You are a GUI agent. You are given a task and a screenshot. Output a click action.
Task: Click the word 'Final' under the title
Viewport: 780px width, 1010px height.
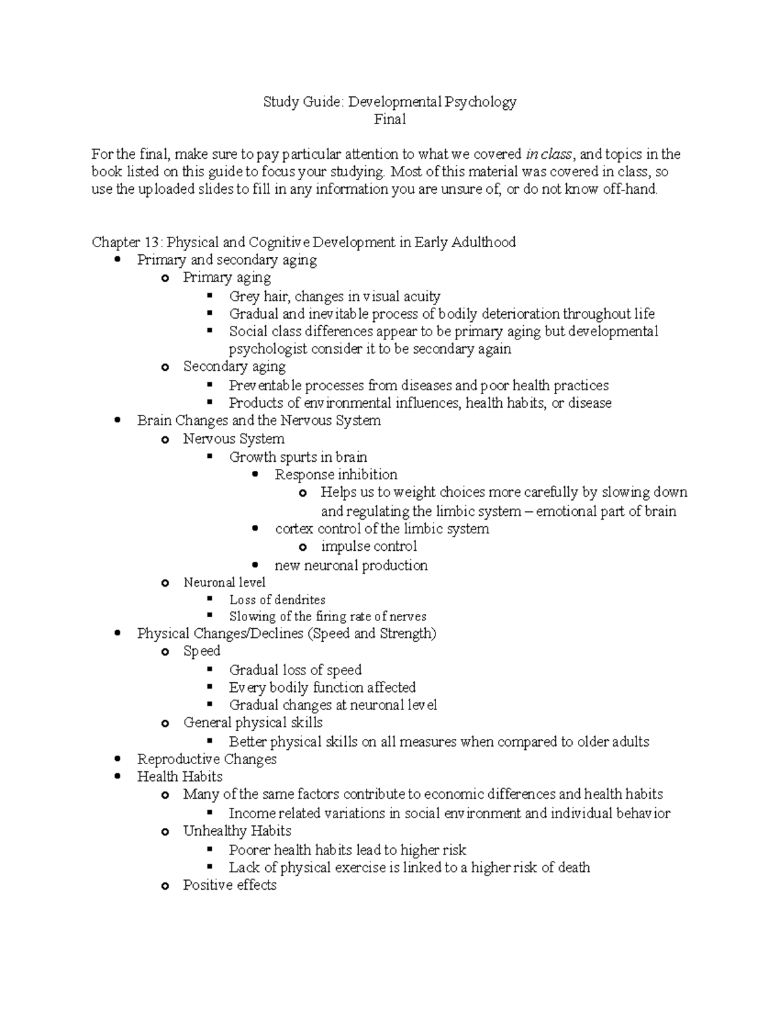point(390,119)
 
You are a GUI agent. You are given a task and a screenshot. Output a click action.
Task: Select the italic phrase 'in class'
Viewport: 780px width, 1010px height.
point(549,154)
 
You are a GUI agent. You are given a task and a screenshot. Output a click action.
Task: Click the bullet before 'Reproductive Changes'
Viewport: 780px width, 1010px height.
point(117,760)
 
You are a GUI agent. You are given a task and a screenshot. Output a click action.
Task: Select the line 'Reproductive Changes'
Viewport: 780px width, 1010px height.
point(207,760)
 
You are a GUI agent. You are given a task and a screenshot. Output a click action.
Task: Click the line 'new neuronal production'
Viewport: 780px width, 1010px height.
point(351,565)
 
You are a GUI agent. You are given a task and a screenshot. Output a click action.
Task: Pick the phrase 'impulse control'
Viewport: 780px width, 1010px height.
point(369,546)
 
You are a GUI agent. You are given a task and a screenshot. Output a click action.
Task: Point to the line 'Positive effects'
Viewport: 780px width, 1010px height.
point(229,885)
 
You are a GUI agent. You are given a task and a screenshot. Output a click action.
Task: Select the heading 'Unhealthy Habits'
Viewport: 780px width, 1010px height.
point(237,831)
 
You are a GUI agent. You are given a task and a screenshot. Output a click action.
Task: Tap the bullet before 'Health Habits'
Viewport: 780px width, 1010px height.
point(117,777)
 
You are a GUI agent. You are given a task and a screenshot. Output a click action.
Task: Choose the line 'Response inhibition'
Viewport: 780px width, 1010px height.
point(336,475)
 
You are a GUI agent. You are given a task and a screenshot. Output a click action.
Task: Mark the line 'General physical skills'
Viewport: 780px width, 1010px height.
point(253,723)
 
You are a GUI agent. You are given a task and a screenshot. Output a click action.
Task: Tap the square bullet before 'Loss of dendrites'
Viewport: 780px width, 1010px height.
point(210,599)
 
